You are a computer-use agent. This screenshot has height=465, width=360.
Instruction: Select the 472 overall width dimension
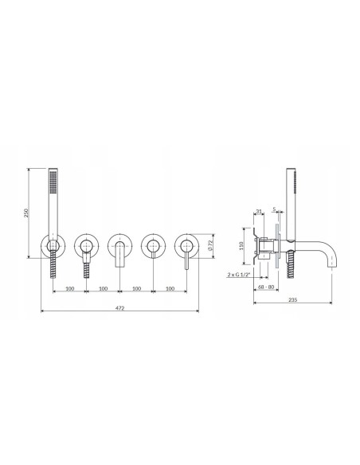[x=119, y=307]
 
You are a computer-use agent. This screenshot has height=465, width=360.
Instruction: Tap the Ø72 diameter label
[x=209, y=246]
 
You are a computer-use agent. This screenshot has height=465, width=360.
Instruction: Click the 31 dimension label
[x=260, y=212]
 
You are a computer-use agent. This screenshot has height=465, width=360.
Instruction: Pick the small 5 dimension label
[x=275, y=212]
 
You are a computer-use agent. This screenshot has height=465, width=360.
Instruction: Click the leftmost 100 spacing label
[x=69, y=287]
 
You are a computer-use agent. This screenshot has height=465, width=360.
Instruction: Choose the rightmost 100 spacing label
[x=170, y=287]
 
